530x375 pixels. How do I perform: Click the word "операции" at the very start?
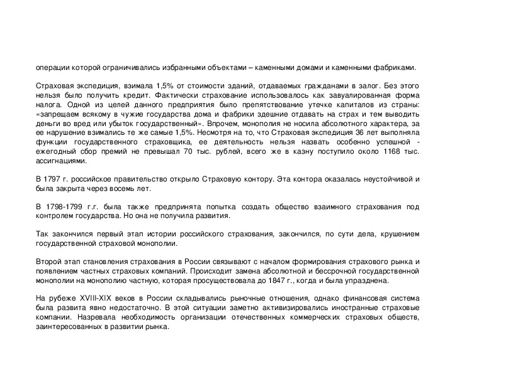click(51, 67)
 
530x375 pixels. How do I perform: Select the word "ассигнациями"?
click(58, 161)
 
